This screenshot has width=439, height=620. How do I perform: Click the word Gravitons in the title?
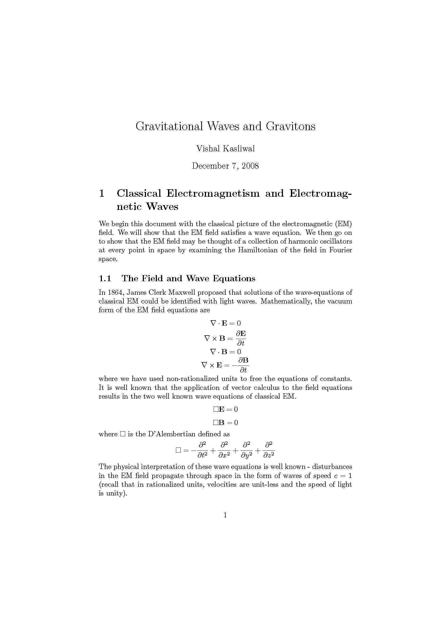point(290,126)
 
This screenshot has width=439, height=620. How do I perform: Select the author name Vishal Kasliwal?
point(225,148)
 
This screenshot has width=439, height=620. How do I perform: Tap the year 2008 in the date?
point(250,166)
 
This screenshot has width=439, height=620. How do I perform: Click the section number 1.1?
point(105,278)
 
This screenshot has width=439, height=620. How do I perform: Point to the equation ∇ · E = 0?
point(225,323)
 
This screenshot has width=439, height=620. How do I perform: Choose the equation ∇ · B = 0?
point(225,351)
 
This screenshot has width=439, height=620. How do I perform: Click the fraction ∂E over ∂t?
point(240,338)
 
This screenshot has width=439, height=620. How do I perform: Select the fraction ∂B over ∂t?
point(243,365)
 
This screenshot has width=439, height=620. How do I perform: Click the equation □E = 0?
point(225,409)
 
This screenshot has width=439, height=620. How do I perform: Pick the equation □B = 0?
point(225,423)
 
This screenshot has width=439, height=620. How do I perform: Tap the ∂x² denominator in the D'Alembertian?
point(224,455)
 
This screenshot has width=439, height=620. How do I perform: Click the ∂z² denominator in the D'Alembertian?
point(269,455)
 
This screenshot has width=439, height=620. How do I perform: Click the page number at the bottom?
point(225,515)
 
